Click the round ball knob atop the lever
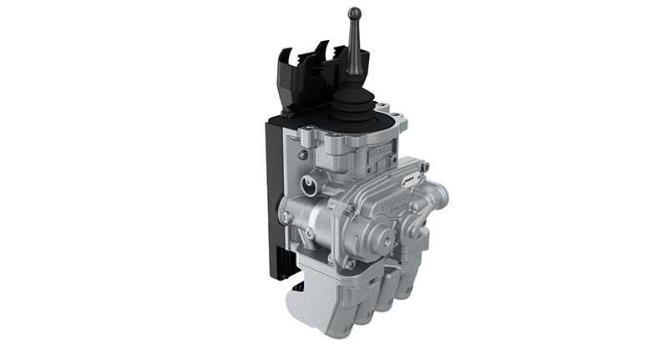(355, 14)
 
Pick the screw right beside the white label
(424, 168)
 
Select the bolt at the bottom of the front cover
(350, 264)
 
